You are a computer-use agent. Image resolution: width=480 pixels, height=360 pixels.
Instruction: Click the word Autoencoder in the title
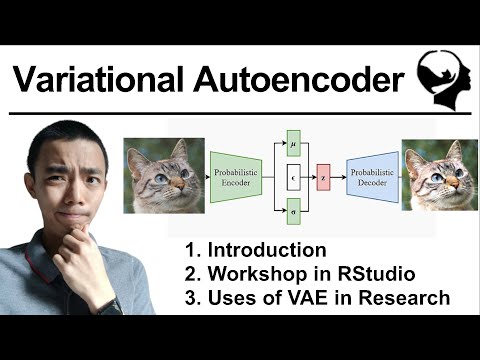tap(297, 77)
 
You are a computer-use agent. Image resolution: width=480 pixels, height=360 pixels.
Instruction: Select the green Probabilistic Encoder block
tap(236, 176)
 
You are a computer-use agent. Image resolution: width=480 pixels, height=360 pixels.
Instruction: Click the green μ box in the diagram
tap(293, 142)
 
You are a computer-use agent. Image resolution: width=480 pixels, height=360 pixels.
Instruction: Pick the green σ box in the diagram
tap(293, 212)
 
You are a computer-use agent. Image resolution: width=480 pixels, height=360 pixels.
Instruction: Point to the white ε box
tap(293, 177)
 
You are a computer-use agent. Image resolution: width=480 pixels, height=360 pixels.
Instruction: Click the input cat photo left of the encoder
tap(163, 176)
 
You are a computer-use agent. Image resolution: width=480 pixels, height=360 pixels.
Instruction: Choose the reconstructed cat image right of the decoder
tap(436, 176)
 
